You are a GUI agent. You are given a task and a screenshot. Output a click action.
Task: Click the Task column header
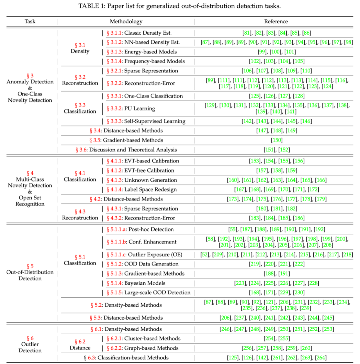[x=30, y=22]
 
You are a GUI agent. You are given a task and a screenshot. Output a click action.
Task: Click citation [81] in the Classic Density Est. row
[x=247, y=33]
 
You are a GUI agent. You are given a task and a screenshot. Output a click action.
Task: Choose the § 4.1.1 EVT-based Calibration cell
[x=143, y=161]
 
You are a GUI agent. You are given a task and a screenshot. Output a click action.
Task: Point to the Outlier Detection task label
[x=30, y=348]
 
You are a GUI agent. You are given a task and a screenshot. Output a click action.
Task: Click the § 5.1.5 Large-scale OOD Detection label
[x=148, y=293]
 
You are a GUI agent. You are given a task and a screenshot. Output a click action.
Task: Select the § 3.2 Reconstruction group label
[x=80, y=80]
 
